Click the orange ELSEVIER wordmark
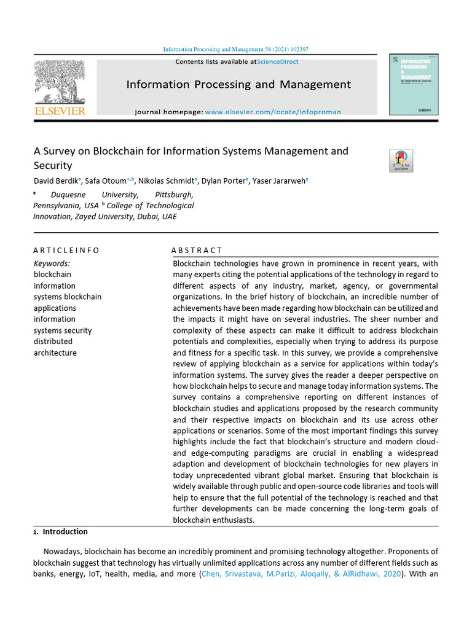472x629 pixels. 60,111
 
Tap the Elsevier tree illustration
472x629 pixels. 60,82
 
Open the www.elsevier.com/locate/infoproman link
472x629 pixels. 272,112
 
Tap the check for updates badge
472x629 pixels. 401,161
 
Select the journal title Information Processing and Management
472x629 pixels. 238,85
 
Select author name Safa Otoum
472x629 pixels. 104,181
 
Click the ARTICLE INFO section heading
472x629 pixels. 66,250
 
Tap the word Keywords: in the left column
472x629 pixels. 52,264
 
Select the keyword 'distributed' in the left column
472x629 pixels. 53,342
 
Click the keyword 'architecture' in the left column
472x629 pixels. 55,353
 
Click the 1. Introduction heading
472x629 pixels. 61,532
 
